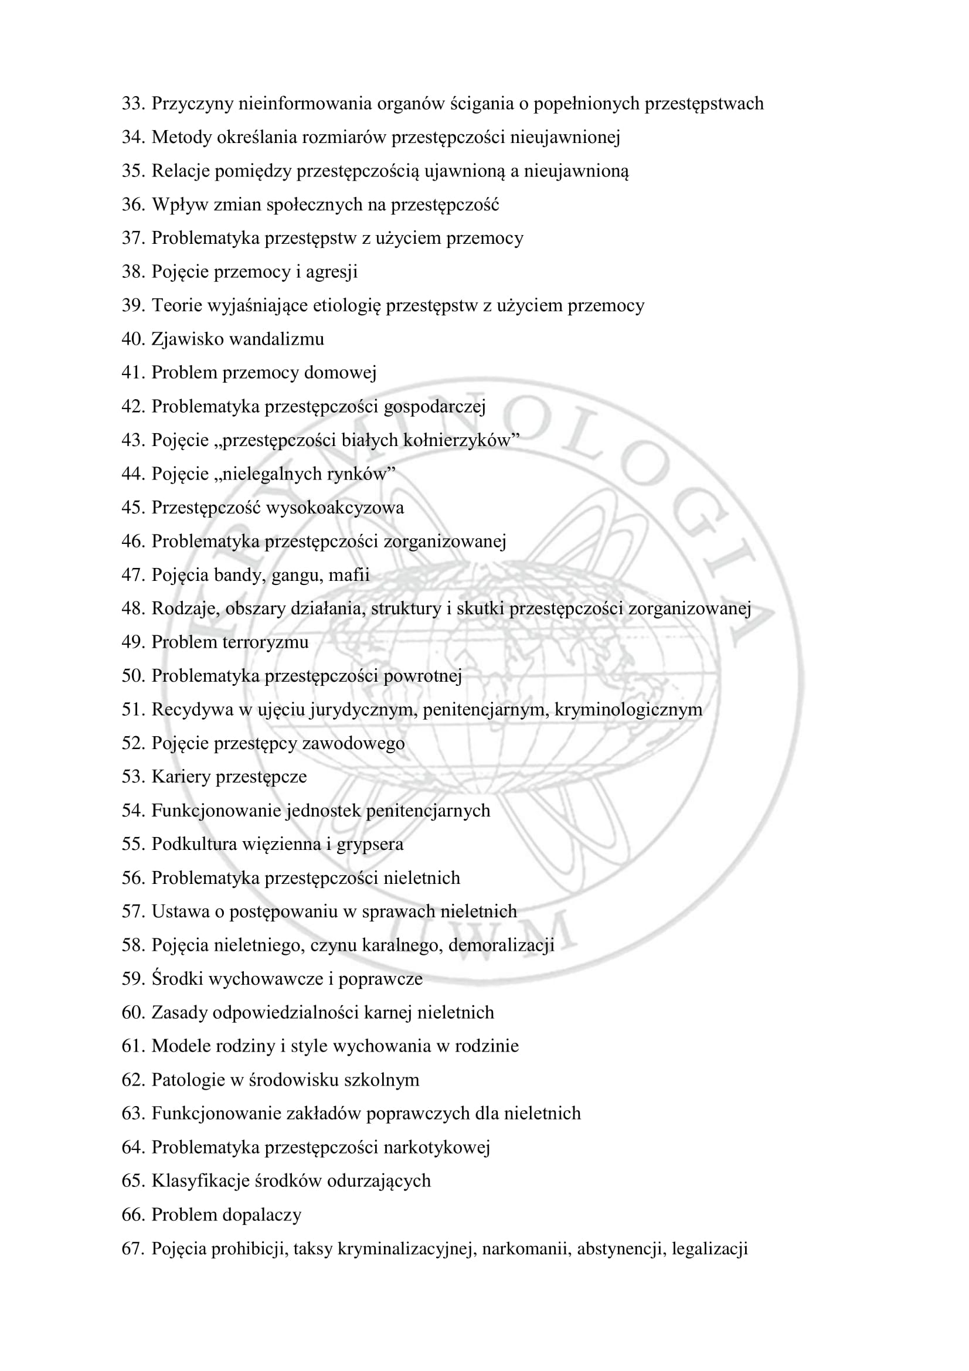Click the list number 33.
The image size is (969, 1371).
coord(133,104)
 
